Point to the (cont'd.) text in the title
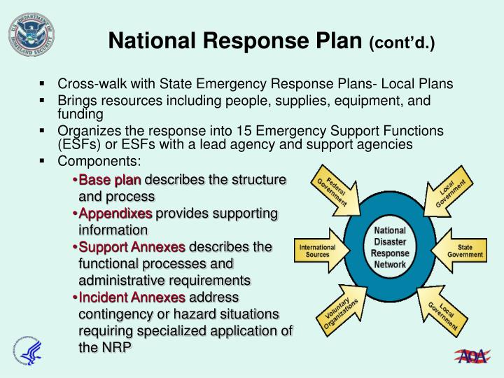point(402,43)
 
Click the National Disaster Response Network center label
point(390,248)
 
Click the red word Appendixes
point(115,213)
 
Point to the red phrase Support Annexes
point(132,247)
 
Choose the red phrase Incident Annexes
point(132,297)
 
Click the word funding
point(80,114)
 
